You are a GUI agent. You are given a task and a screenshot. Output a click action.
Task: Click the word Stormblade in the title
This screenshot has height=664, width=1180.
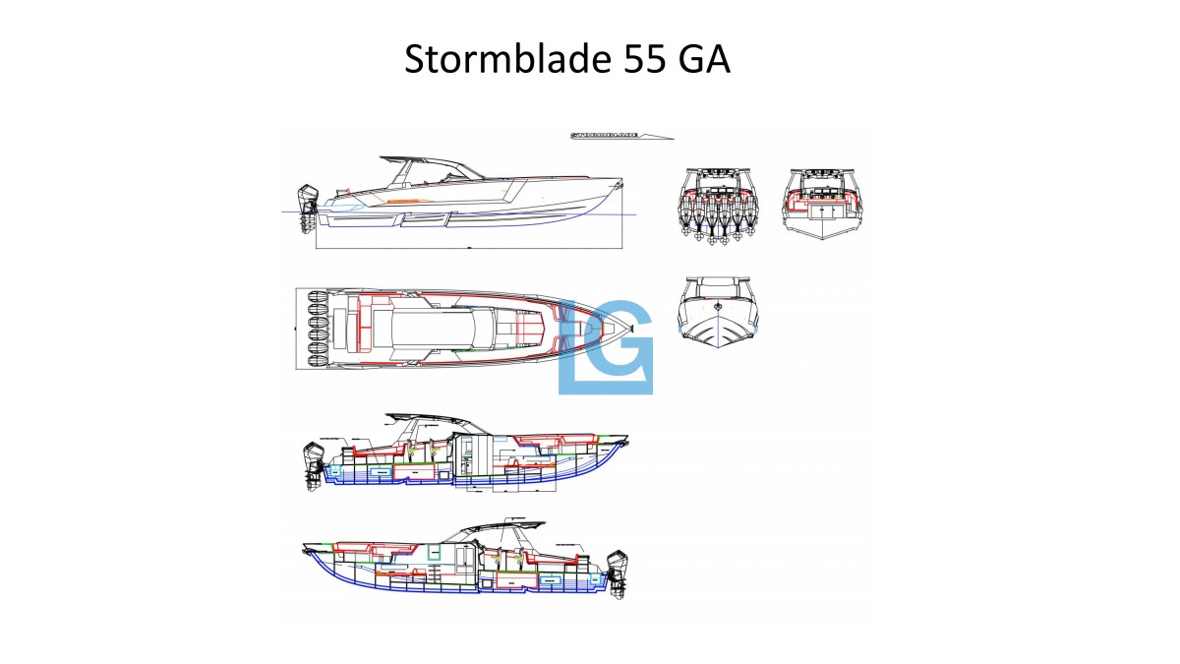click(507, 60)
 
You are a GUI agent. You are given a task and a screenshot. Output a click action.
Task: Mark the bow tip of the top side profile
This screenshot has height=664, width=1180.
click(621, 183)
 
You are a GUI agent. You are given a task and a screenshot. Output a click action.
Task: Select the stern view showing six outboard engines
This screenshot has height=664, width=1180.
click(716, 204)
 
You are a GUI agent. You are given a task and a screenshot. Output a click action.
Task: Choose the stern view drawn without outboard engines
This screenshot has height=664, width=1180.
click(822, 201)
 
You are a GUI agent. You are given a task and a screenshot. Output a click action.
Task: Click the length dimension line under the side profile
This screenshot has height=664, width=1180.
click(470, 248)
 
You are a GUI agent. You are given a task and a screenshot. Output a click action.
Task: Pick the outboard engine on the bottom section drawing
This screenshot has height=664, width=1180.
click(618, 573)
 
